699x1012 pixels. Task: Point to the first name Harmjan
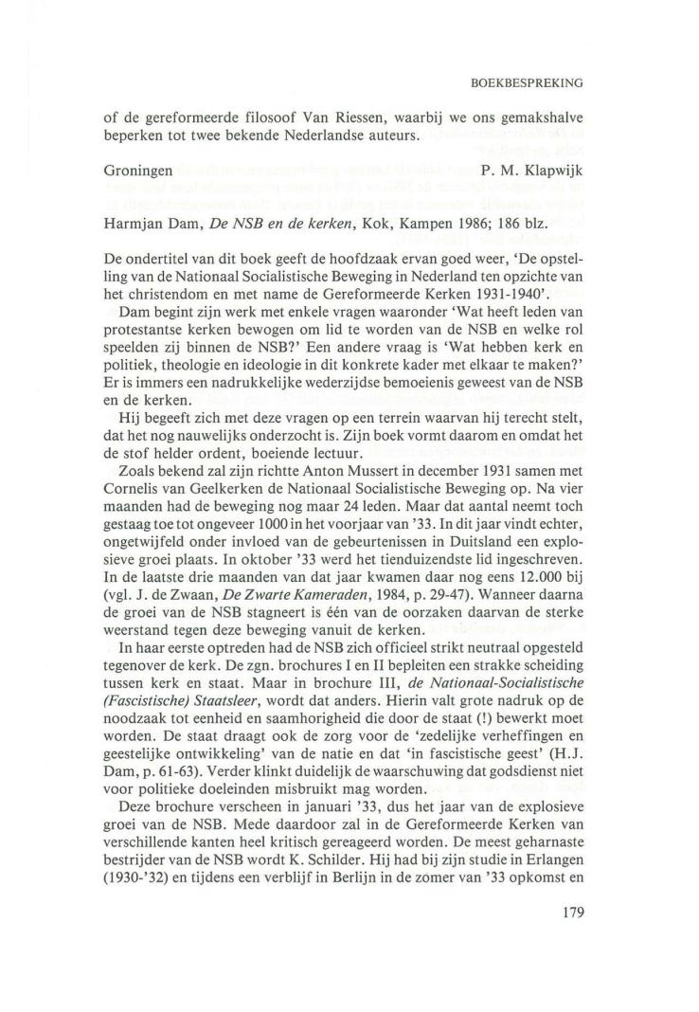(136, 222)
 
